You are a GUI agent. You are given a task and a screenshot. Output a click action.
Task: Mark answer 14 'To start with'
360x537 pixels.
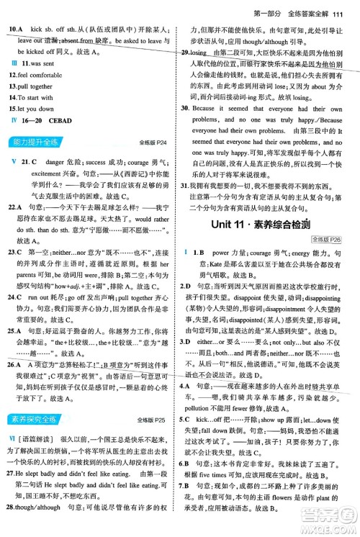click(37, 96)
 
